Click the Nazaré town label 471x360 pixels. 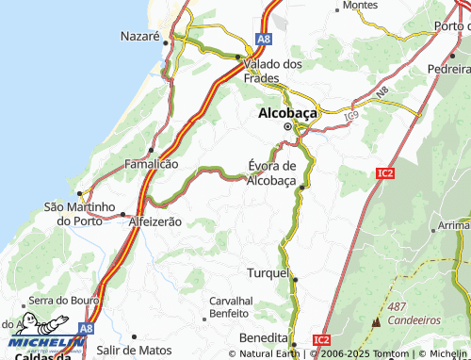139,36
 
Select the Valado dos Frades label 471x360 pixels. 272,71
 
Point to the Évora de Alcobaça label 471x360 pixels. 271,173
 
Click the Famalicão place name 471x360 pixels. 151,164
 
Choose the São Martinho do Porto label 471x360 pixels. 78,213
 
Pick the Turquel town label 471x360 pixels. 268,272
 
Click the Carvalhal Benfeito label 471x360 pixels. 228,305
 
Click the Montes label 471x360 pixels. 360,6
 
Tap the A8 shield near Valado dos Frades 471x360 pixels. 264,39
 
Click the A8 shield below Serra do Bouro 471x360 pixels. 87,328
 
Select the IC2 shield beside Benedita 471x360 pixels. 322,339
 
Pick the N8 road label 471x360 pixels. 382,93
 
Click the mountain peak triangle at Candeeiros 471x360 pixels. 376,320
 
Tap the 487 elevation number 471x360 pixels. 397,306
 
